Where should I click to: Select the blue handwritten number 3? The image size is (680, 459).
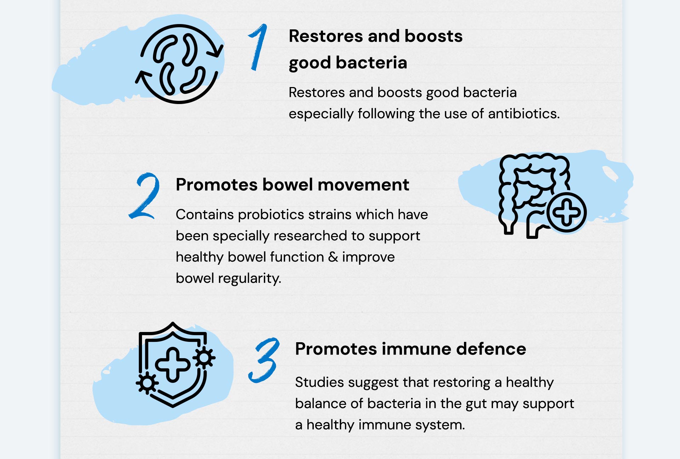point(264,360)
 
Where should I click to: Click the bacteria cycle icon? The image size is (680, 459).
point(180,64)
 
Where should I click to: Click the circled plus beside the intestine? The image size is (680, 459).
point(567,212)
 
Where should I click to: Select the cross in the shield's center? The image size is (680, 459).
point(172,365)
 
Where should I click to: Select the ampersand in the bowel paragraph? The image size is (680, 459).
point(333,257)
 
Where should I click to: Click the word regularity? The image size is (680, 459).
point(250,279)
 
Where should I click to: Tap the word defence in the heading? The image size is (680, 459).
point(491,349)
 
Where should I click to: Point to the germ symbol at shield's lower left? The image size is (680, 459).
point(147,383)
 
